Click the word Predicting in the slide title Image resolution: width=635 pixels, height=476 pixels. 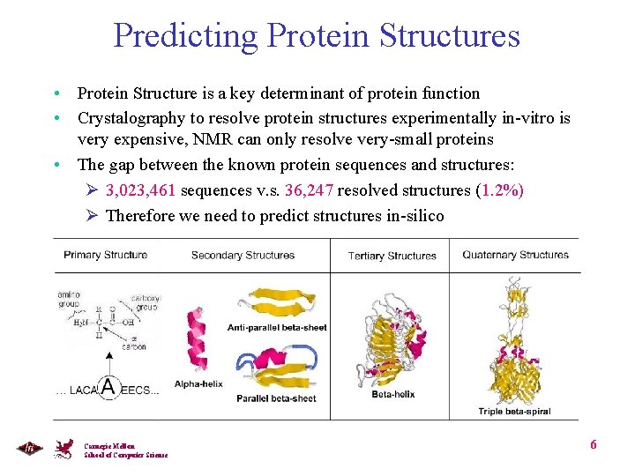pos(185,36)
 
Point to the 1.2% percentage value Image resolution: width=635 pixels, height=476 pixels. pos(499,191)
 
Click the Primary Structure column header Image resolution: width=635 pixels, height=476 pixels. pos(106,255)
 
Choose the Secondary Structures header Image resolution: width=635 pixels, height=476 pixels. pos(243,256)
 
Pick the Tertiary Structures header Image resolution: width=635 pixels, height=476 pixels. pos(392,256)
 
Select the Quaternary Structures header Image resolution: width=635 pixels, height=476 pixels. pos(515,255)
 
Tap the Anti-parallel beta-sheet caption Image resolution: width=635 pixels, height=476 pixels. pos(276,327)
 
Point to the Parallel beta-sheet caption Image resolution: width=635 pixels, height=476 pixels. pos(276,398)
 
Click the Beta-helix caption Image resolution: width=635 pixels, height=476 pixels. pos(392,394)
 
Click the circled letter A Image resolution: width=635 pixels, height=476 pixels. pos(108,386)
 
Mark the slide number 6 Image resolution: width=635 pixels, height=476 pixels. pos(594,444)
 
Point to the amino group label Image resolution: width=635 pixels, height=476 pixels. pos(69,299)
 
